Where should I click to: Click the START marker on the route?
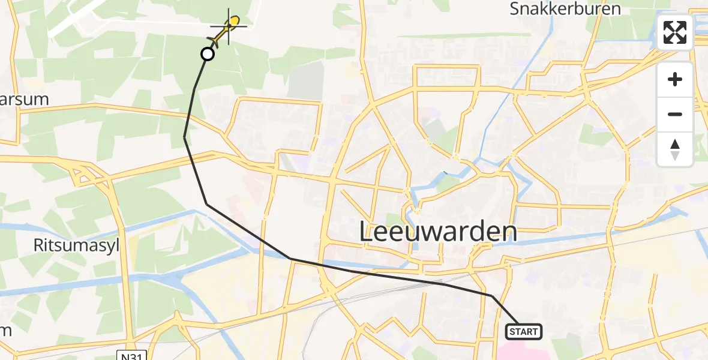click(524, 331)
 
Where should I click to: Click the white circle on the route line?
click(207, 55)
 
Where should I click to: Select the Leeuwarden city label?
click(438, 232)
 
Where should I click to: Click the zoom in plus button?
click(675, 79)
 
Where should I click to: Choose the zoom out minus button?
click(675, 114)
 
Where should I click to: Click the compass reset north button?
click(675, 149)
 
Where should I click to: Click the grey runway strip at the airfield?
click(78, 18)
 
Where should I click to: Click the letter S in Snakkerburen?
click(515, 9)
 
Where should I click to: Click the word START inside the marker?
click(524, 331)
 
